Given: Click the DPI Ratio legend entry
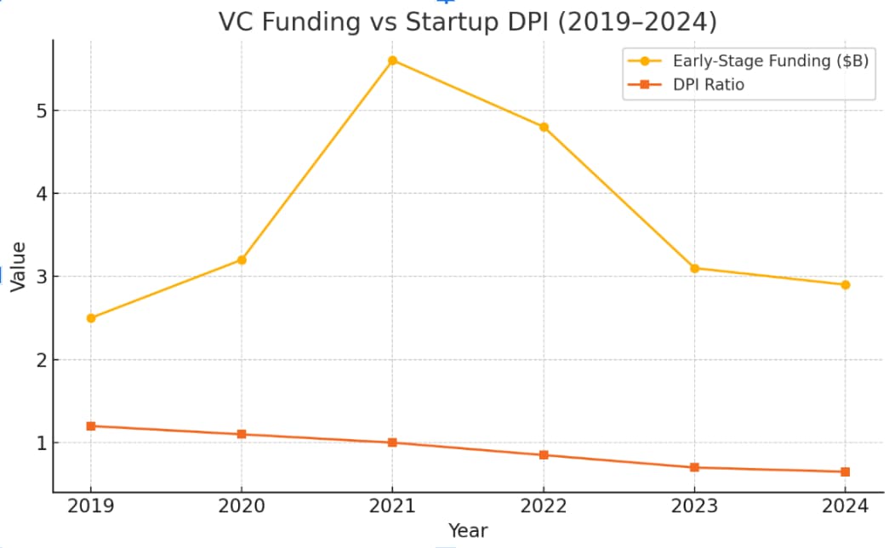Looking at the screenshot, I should (709, 84).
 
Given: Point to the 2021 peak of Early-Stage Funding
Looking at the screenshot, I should (392, 60).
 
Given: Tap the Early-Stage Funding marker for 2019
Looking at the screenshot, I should (91, 318).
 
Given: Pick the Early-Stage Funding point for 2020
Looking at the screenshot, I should (242, 260).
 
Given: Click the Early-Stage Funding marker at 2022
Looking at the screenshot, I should (544, 127).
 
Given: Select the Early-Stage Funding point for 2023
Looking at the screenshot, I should (694, 268).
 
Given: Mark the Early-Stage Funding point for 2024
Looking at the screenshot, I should (845, 285).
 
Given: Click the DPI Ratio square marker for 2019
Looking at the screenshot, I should (91, 425).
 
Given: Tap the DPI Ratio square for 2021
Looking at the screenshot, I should (392, 442).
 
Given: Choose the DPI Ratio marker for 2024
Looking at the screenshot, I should (845, 471).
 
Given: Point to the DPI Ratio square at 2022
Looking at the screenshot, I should (544, 454).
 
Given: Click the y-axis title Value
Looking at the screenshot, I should (18, 267).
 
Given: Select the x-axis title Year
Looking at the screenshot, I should (468, 531).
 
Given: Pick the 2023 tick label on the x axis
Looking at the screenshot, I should (694, 507).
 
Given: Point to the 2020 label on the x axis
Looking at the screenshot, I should (242, 507).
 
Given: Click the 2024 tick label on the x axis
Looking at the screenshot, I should (845, 507).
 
